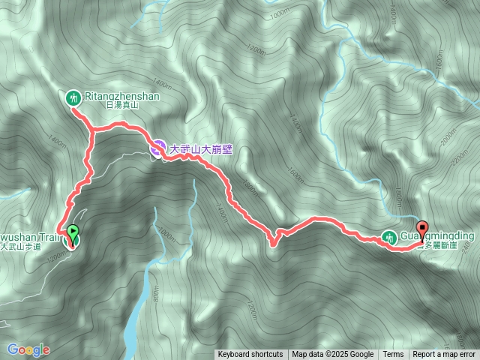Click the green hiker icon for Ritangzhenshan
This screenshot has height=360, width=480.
point(73,96)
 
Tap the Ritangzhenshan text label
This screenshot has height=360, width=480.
point(123,96)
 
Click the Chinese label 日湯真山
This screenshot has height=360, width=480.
point(122,106)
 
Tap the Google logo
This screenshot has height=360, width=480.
point(28,349)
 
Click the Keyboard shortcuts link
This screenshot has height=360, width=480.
point(250,355)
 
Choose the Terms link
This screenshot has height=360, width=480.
point(393,355)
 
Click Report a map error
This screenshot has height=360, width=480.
point(444,355)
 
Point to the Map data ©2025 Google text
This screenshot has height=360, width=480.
point(333,355)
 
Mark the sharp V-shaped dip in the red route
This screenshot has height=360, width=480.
point(274,241)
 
